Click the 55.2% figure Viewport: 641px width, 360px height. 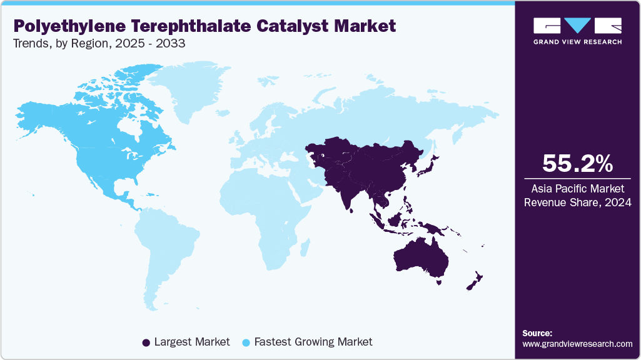tap(577, 163)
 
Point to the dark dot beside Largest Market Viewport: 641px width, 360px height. tap(146, 342)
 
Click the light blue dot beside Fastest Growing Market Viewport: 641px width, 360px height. tap(246, 342)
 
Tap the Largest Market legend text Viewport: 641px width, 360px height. tap(192, 342)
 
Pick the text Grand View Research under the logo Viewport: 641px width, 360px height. tap(577, 42)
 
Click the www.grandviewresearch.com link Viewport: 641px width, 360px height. tap(577, 344)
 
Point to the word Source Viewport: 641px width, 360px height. tap(537, 333)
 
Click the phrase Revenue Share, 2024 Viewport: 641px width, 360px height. tap(577, 202)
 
